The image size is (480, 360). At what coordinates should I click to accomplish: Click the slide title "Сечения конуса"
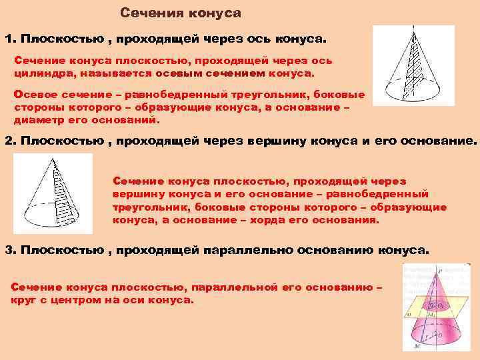tap(181, 13)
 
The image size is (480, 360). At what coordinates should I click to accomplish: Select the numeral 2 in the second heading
tap(9, 141)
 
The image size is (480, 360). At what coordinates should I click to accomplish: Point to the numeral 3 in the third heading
tap(9, 249)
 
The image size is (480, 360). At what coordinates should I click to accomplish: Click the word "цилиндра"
tap(41, 72)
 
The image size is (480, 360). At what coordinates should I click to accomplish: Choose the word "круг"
tap(24, 300)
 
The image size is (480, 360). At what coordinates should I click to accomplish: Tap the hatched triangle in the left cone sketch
tap(65, 193)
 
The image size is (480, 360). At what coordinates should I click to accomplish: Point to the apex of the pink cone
tap(437, 269)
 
